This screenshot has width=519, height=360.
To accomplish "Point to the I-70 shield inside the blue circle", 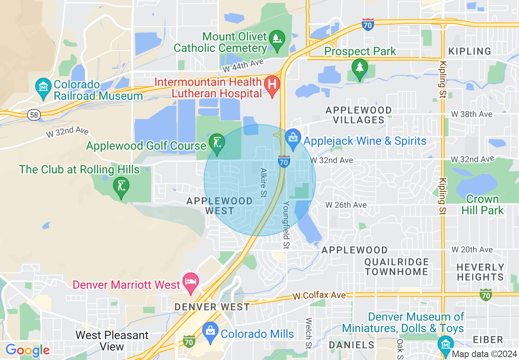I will point(284,161).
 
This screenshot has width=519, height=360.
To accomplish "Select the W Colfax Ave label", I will point(319,295).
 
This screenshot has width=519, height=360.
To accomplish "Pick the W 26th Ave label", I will point(346,204).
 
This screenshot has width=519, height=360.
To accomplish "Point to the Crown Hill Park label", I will point(483,205).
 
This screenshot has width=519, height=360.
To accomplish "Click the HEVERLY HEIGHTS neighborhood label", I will point(480,272).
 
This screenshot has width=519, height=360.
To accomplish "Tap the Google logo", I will point(27,351).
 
